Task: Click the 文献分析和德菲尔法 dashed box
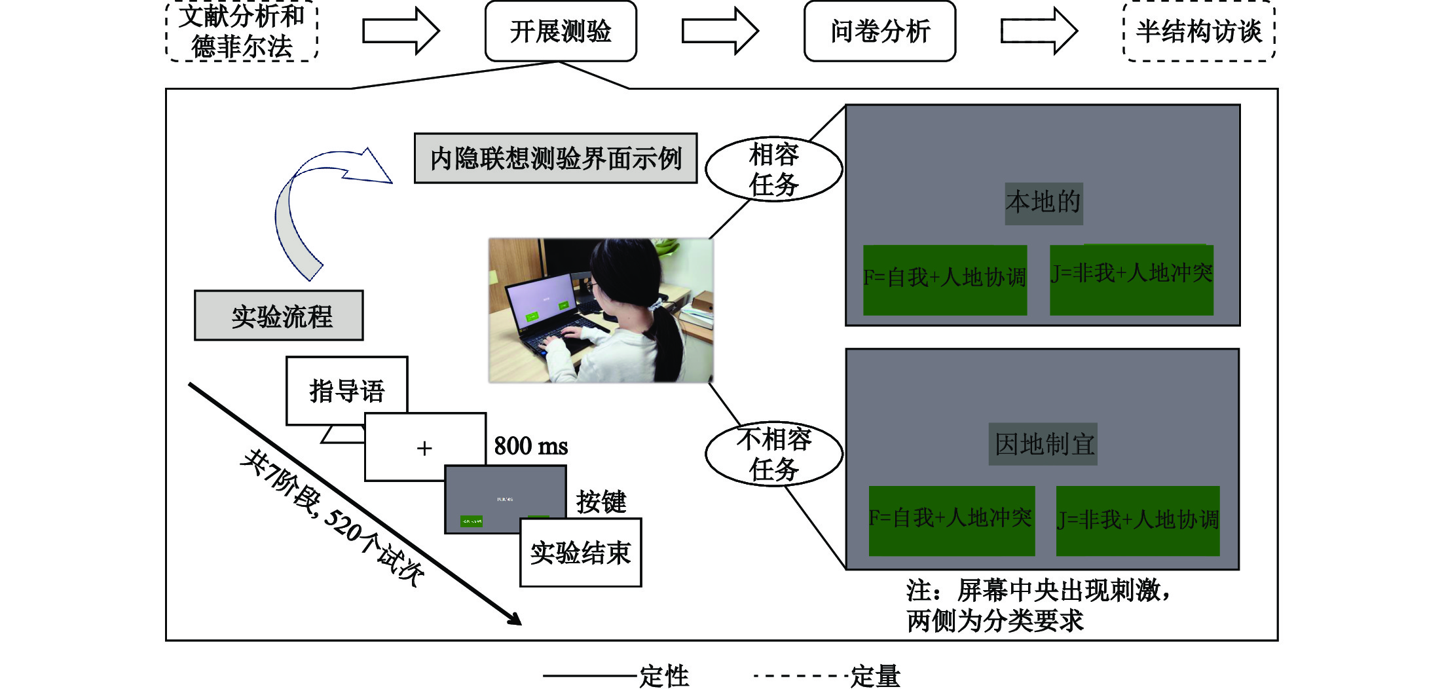pyautogui.click(x=242, y=31)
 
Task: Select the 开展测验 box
pyautogui.click(x=561, y=31)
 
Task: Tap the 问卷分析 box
pyautogui.click(x=879, y=31)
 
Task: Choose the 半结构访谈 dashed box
pyautogui.click(x=1198, y=31)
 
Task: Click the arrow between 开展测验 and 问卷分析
pyautogui.click(x=720, y=31)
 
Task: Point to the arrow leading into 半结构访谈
pyautogui.click(x=1039, y=31)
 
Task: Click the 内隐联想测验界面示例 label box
pyautogui.click(x=555, y=158)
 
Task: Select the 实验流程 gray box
pyautogui.click(x=279, y=316)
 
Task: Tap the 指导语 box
pyautogui.click(x=346, y=390)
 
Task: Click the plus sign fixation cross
pyautogui.click(x=424, y=448)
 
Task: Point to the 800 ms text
pyautogui.click(x=530, y=446)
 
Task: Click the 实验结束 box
pyautogui.click(x=580, y=553)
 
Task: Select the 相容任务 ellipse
pyautogui.click(x=773, y=169)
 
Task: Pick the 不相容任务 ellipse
pyautogui.click(x=773, y=454)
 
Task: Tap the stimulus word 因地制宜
pyautogui.click(x=1043, y=444)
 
